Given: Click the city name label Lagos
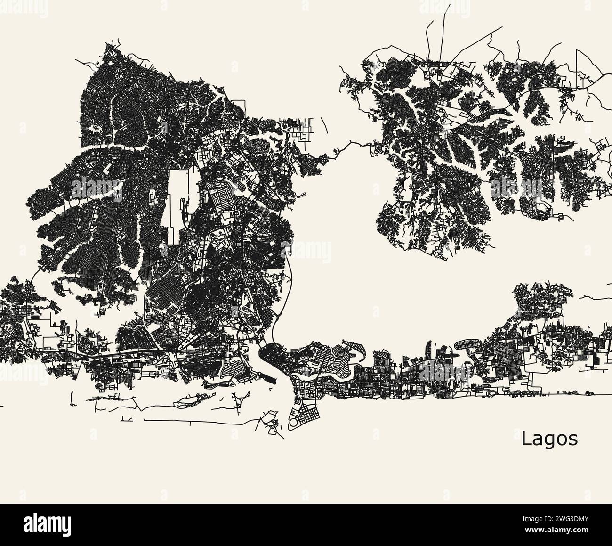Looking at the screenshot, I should pos(549,439).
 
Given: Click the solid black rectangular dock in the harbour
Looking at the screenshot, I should pos(270,378).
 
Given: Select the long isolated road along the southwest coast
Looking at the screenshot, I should pos(198,419).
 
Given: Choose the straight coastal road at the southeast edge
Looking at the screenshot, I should pos(565,395).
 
